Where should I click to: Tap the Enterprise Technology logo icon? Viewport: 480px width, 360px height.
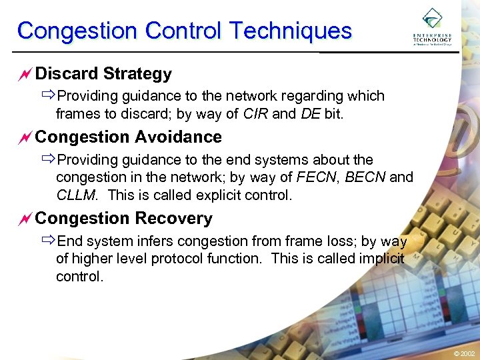coord(432,18)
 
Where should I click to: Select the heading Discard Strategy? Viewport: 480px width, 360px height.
coord(103,73)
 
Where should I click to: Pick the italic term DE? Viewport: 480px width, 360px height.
coord(310,114)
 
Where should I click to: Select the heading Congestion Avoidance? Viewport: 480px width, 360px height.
coord(128,137)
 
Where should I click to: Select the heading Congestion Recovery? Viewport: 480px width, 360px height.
coord(123,218)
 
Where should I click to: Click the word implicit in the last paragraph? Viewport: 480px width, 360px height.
coord(381,259)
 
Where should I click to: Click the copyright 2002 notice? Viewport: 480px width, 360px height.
coord(464,353)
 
